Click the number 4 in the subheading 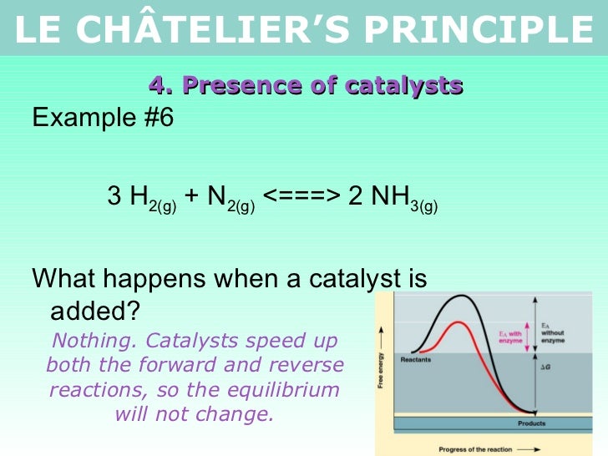tap(156, 85)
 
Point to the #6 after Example tap(155, 118)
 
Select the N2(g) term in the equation tap(231, 198)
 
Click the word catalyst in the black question tap(344, 278)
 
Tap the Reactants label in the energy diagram tap(416, 359)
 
